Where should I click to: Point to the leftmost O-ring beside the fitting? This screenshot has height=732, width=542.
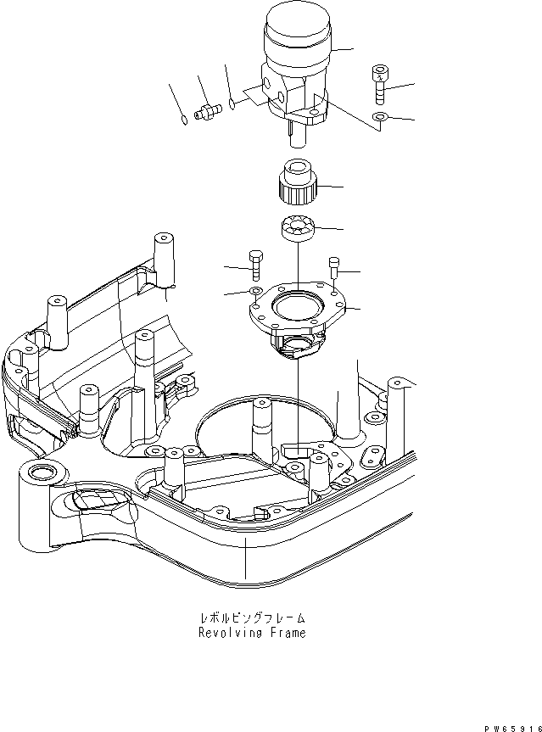point(185,119)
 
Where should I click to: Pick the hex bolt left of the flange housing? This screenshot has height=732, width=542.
point(256,265)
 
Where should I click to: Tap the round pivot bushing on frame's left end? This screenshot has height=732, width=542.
point(39,471)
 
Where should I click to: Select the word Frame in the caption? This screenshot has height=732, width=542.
point(286,633)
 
